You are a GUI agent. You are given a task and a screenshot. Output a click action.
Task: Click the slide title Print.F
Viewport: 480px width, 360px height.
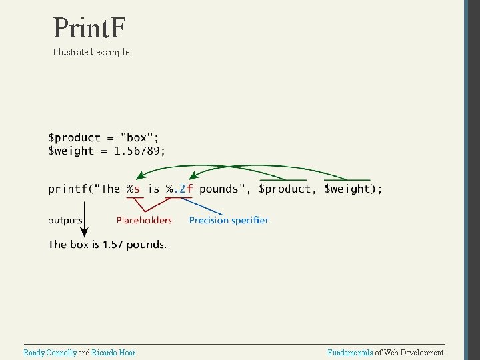tap(89, 28)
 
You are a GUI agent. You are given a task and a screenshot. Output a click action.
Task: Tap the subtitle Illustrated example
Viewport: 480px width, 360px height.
tap(91, 52)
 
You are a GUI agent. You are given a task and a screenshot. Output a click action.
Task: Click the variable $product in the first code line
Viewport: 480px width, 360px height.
tap(74, 138)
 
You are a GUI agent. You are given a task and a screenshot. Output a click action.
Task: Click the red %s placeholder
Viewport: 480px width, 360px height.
tap(133, 189)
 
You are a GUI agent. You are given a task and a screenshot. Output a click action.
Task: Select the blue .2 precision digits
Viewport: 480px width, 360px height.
tap(179, 189)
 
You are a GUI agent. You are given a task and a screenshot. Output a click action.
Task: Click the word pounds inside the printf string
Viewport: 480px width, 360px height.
tap(219, 189)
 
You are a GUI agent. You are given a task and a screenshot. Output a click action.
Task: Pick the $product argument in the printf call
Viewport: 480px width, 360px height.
tap(285, 189)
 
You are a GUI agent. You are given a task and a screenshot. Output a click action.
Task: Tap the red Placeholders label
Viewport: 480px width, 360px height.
tap(144, 220)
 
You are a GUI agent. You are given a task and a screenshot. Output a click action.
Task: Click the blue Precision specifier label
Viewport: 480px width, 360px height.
tap(229, 220)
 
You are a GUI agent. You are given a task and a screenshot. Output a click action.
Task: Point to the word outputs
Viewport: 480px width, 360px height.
tap(65, 220)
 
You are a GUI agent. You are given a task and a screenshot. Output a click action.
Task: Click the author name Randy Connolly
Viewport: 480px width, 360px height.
tap(50, 353)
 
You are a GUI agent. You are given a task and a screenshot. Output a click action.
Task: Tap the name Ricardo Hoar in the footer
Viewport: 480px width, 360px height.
tap(113, 353)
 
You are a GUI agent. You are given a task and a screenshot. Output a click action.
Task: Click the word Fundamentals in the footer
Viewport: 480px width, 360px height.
tap(350, 353)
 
